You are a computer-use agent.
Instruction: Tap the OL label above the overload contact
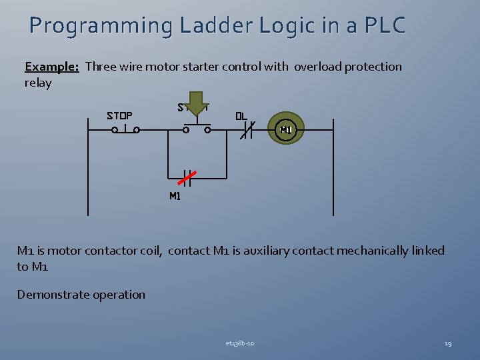click(x=241, y=115)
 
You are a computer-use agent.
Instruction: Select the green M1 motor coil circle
click(x=286, y=129)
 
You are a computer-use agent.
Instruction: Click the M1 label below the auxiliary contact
click(x=175, y=196)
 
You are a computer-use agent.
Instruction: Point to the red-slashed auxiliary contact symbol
click(x=187, y=178)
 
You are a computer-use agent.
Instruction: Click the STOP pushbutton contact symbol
click(x=125, y=129)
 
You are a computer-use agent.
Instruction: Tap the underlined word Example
click(x=52, y=66)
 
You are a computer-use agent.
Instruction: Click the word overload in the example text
click(x=317, y=66)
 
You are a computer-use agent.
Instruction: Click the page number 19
click(x=447, y=343)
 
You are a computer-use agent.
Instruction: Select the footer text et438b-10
click(x=239, y=343)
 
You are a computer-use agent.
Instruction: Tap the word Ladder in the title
click(x=211, y=25)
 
